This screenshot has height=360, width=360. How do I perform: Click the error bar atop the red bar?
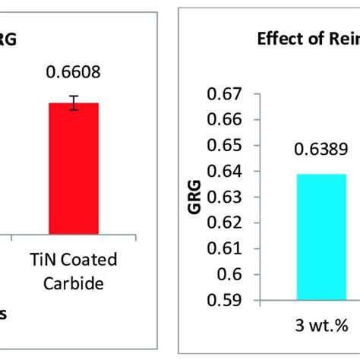pyautogui.click(x=74, y=103)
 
